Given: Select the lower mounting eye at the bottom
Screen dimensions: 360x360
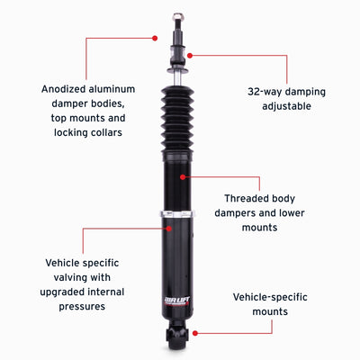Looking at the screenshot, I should pyautogui.click(x=175, y=337).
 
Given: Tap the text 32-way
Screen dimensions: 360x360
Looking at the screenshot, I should pyautogui.click(x=266, y=91).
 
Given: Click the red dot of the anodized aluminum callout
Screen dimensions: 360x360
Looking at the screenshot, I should pyautogui.click(x=155, y=38).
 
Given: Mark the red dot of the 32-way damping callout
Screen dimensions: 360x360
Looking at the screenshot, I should pyautogui.click(x=189, y=56).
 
